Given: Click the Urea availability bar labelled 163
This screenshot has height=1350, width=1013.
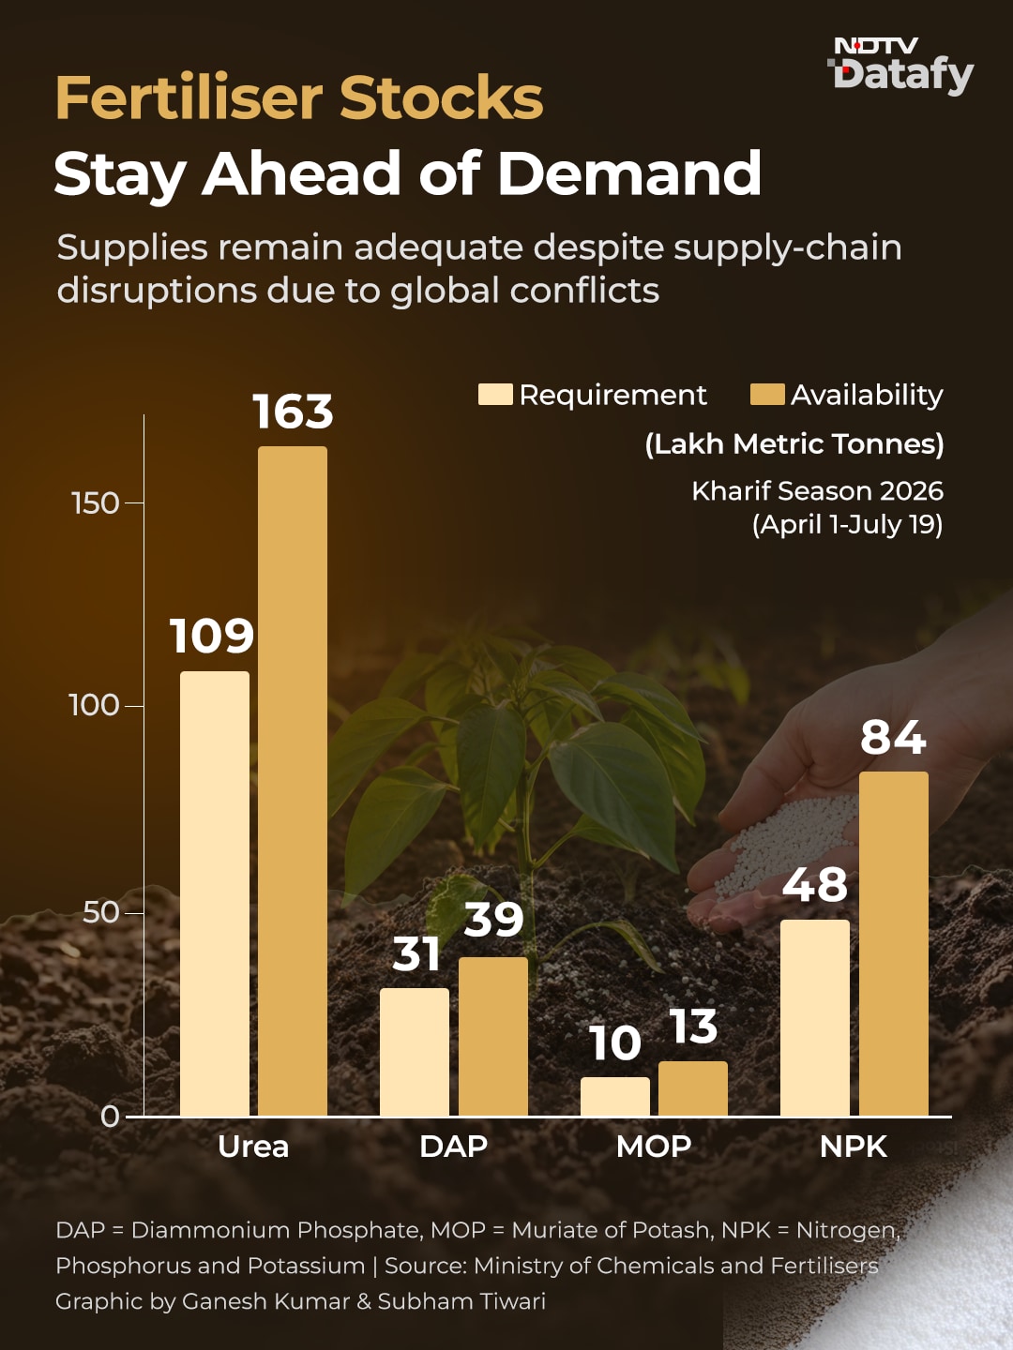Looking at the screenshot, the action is click(x=292, y=781).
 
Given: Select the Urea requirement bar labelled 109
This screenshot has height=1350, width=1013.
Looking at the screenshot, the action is click(x=215, y=893).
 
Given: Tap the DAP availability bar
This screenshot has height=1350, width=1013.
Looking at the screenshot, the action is click(x=493, y=1036).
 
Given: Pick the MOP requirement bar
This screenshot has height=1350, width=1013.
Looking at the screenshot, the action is click(x=615, y=1097).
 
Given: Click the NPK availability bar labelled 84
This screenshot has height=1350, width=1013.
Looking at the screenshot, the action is click(x=894, y=944).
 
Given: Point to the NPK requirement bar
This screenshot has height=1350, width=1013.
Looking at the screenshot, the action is click(x=815, y=1018).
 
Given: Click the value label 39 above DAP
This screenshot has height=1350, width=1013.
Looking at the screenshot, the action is click(x=494, y=920).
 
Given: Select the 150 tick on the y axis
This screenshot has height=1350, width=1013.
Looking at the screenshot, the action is click(x=96, y=503).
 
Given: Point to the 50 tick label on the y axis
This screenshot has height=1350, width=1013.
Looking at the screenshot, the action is click(x=101, y=913).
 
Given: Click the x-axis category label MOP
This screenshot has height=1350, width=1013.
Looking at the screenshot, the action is click(x=654, y=1147).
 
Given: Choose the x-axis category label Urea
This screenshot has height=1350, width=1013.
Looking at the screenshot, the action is click(x=253, y=1147).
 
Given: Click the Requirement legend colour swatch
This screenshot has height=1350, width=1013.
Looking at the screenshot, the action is click(x=495, y=395).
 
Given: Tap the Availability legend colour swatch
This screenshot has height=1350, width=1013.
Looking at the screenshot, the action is click(x=767, y=395).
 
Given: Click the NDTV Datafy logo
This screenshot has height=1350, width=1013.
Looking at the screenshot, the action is click(x=901, y=66).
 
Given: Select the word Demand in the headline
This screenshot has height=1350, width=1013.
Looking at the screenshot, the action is click(x=629, y=172).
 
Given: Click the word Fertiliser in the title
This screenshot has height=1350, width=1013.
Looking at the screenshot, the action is click(x=189, y=97).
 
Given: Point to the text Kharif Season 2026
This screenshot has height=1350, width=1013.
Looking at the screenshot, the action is click(x=817, y=491).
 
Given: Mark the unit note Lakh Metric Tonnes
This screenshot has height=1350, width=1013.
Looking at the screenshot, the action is click(x=794, y=444).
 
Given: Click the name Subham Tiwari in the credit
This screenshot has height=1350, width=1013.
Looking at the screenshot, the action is click(x=461, y=1301).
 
